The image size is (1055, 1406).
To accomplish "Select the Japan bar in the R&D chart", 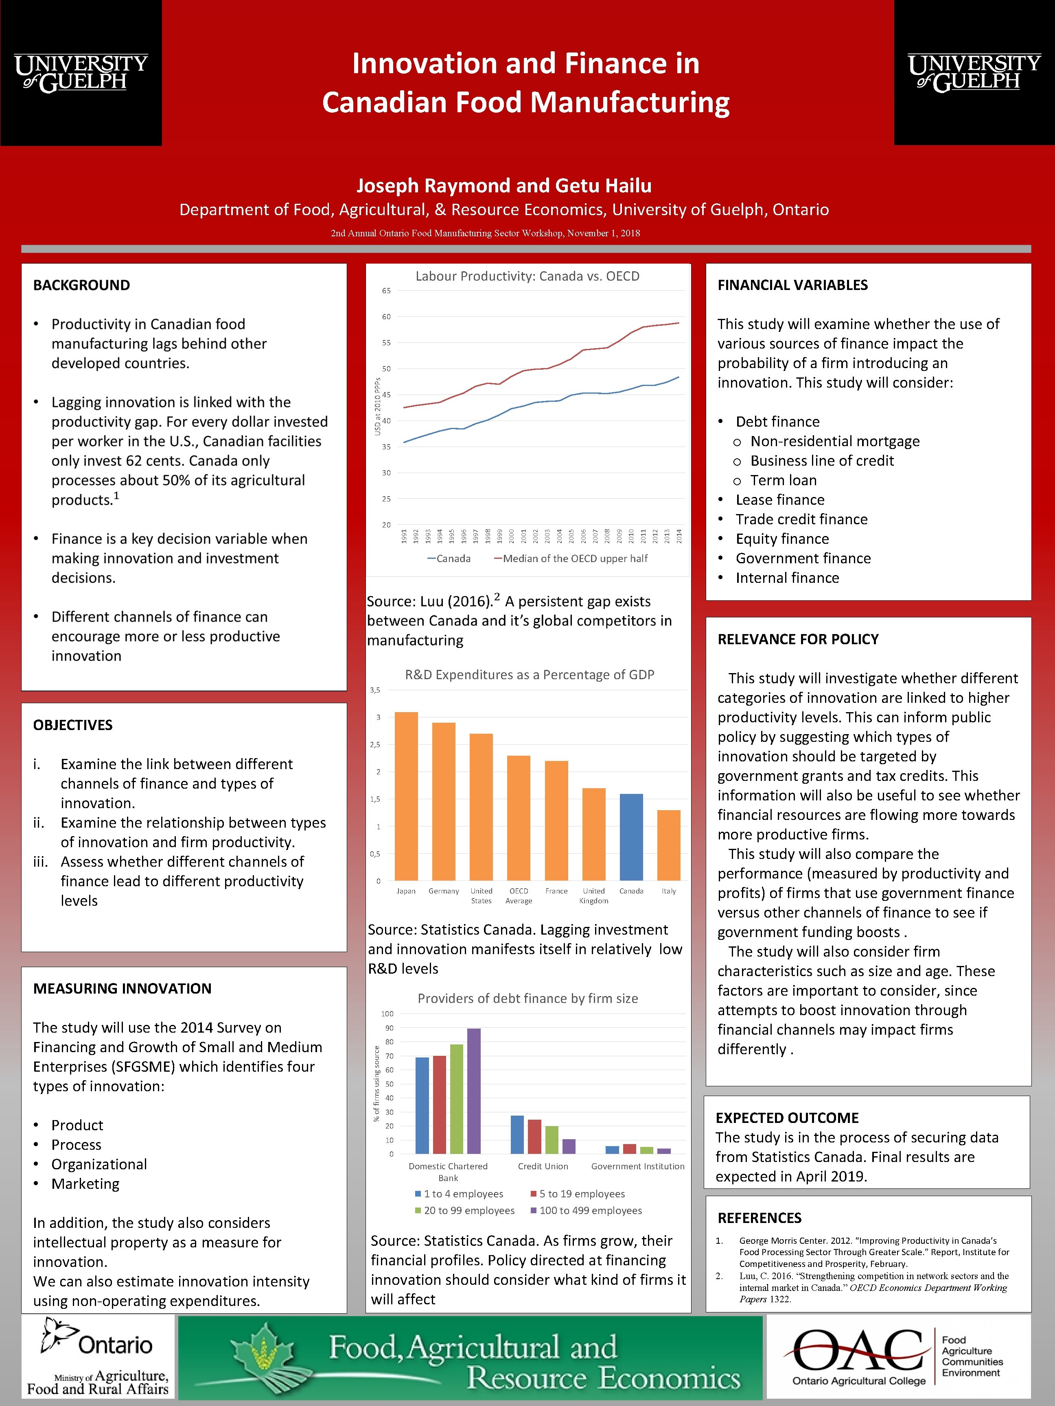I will coord(406,796).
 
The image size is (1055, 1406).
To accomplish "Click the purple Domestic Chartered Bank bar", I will coord(474,1091).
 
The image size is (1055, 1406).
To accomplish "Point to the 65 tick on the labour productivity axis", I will coord(387,291).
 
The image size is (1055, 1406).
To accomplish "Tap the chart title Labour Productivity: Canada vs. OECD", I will coord(527,276).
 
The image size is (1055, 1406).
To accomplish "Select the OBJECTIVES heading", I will coord(72,725).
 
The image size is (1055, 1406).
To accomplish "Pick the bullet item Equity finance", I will coord(782,538).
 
